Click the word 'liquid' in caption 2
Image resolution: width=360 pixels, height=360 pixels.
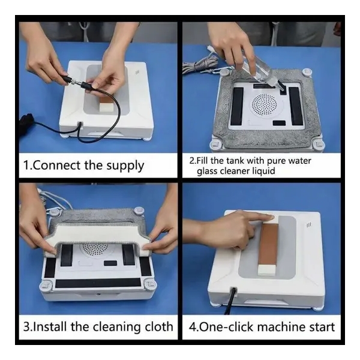[x=263, y=171]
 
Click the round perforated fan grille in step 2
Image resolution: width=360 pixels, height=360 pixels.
[x=264, y=104]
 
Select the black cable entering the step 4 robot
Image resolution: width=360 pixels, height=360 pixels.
[x=230, y=301]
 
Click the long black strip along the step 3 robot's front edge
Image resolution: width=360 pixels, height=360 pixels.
[x=98, y=283]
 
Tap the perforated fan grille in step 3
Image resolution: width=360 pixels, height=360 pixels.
[x=95, y=249]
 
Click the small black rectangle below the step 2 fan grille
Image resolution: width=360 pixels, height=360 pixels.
[x=279, y=123]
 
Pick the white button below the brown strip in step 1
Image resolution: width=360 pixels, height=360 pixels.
[x=107, y=107]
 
